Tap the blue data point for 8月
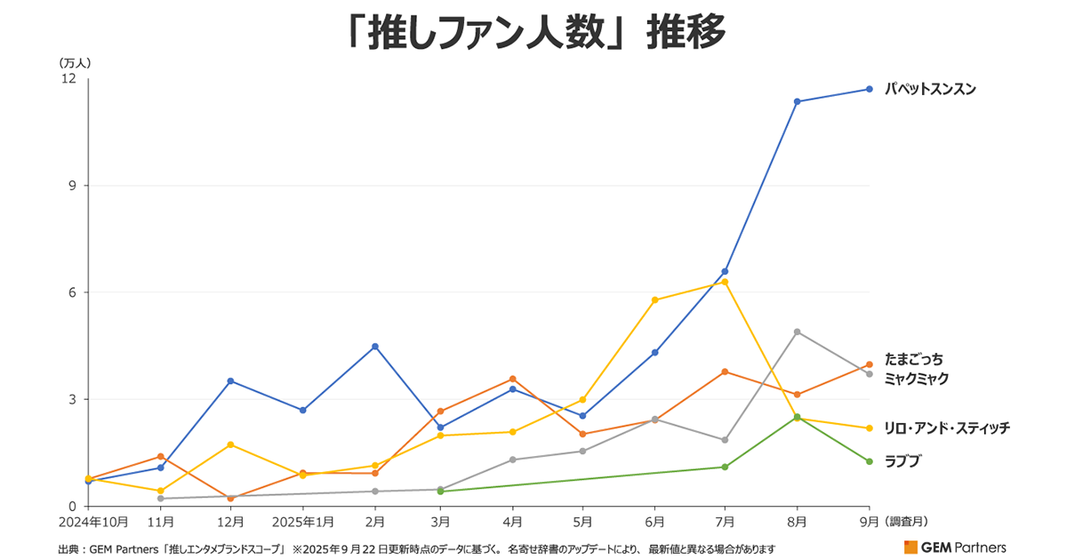pos(798,101)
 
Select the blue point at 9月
pos(870,89)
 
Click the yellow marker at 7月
pos(726,282)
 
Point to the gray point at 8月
pos(798,332)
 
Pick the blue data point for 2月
pos(375,346)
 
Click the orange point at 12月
pos(231,498)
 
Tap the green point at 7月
pos(726,467)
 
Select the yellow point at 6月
pos(655,300)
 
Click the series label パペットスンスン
pos(930,89)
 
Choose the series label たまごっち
pos(913,359)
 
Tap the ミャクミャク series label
pos(917,379)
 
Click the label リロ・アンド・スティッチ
pos(947,428)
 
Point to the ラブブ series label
pos(903,460)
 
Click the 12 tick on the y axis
pos(69,79)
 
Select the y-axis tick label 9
pos(73,186)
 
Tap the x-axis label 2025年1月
pos(303,521)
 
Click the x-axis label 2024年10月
pos(94,521)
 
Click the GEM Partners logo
pos(955,547)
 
